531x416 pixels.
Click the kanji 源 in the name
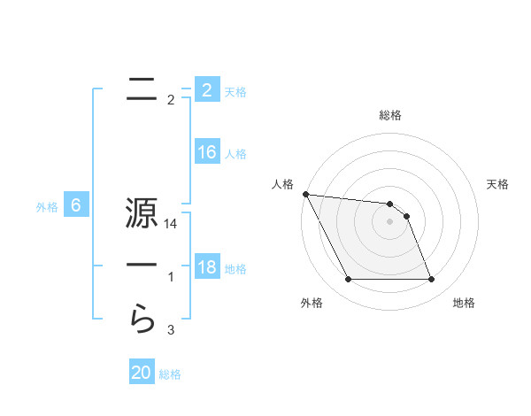pyautogui.click(x=141, y=216)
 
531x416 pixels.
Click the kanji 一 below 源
pyautogui.click(x=142, y=266)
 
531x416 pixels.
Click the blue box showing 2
pyautogui.click(x=206, y=90)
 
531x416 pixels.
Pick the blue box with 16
pyautogui.click(x=206, y=152)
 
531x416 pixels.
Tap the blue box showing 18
pyautogui.click(x=206, y=266)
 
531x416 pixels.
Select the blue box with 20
pyautogui.click(x=142, y=373)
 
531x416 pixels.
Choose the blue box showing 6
pyautogui.click(x=76, y=206)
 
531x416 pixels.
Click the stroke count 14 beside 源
pyautogui.click(x=172, y=226)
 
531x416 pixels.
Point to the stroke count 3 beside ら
pyautogui.click(x=171, y=330)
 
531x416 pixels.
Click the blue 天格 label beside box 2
pyautogui.click(x=235, y=91)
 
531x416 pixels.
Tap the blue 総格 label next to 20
pyautogui.click(x=170, y=374)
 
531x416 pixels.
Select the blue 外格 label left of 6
pyautogui.click(x=47, y=207)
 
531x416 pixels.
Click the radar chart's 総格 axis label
pyautogui.click(x=390, y=115)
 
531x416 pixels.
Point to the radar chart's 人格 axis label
pyautogui.click(x=282, y=184)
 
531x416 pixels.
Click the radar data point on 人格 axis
pyautogui.click(x=305, y=194)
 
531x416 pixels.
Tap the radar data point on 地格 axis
pyautogui.click(x=431, y=280)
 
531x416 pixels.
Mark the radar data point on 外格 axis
pyautogui.click(x=348, y=280)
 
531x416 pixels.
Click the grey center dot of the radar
pyautogui.click(x=390, y=221)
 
